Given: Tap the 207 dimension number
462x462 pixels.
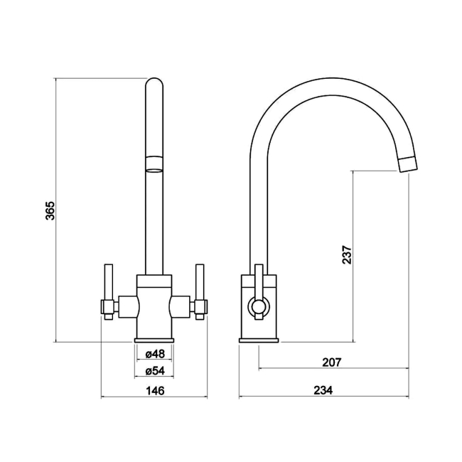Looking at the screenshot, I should [x=332, y=362].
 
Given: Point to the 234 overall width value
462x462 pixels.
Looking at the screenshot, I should [x=324, y=389].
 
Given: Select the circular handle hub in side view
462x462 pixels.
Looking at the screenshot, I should [x=256, y=307].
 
